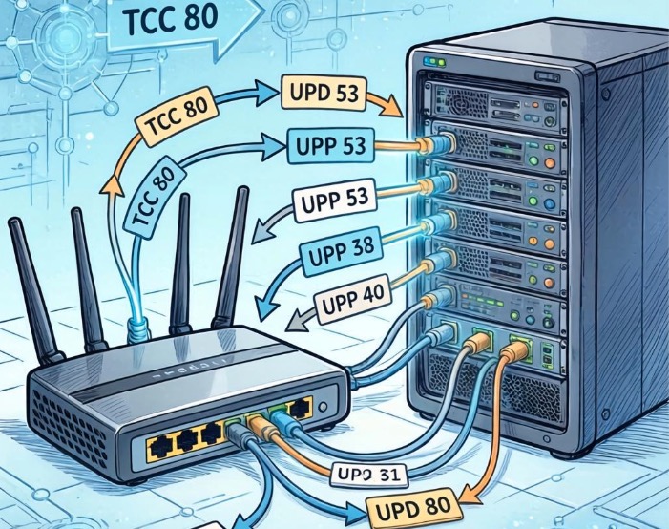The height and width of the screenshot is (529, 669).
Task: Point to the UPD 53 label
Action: pos(320,94)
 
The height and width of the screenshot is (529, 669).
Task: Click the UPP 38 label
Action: pos(336,253)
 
